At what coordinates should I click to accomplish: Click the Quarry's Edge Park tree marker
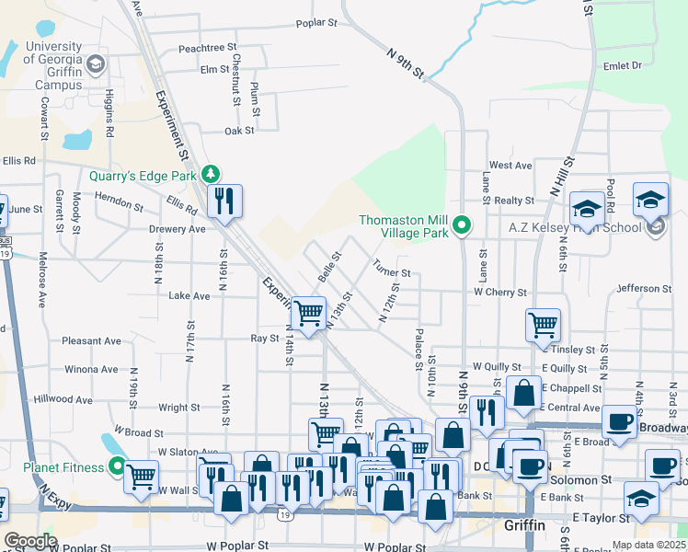[212, 174]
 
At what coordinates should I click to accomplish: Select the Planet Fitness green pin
[117, 466]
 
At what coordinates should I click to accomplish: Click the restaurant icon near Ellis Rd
[224, 200]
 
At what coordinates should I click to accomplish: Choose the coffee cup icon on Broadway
[620, 422]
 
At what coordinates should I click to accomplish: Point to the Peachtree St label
[208, 47]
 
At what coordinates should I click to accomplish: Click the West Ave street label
[510, 165]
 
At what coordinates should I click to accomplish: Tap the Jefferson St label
[638, 288]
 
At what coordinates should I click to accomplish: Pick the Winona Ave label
[91, 370]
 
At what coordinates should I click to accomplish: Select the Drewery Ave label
[178, 229]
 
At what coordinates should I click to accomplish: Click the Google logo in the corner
[30, 541]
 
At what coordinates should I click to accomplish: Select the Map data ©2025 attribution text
[648, 545]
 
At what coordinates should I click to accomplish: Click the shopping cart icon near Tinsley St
[543, 324]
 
